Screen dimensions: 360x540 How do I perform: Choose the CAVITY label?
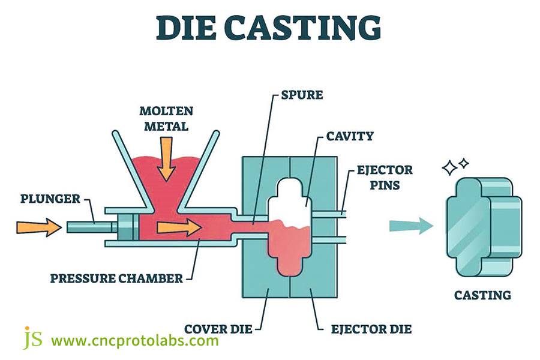(x=349, y=136)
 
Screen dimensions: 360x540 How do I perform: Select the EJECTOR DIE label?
(x=373, y=329)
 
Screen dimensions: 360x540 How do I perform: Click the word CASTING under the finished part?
(x=482, y=295)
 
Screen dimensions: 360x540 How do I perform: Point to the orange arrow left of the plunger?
(x=38, y=227)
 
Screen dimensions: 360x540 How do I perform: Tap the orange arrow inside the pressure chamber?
(x=179, y=227)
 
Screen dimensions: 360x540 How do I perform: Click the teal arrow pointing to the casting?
(x=410, y=226)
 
